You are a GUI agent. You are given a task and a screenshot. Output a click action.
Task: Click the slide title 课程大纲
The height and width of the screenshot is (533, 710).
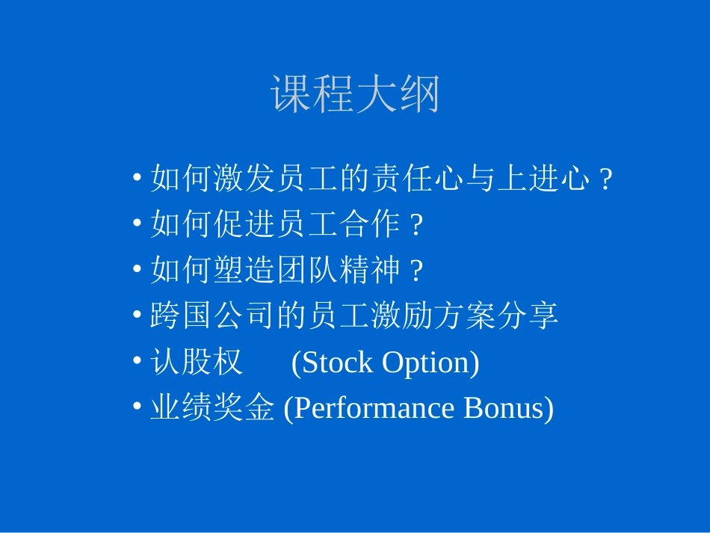355,95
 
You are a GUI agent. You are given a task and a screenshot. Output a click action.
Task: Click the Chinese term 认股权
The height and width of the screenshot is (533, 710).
197,363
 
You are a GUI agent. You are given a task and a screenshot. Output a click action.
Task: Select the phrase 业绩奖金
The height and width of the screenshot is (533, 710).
212,409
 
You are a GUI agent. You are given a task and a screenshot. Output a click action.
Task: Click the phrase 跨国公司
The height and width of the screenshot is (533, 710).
212,316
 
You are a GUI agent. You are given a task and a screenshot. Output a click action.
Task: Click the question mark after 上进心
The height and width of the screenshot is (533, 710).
606,180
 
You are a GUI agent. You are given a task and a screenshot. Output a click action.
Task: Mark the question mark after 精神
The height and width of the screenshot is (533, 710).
417,271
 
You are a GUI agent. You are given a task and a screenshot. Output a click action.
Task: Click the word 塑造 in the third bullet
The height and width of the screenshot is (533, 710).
244,270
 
